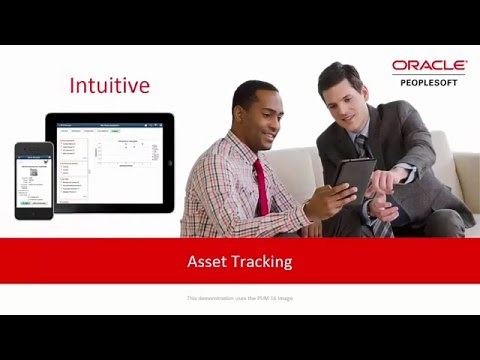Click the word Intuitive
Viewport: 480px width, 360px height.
(110, 85)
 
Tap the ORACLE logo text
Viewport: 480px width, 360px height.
(429, 66)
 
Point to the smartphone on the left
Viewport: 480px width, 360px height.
(33, 180)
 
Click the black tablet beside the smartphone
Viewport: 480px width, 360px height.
(109, 162)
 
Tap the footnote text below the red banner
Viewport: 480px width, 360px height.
(240, 298)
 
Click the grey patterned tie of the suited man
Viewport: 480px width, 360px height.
(366, 160)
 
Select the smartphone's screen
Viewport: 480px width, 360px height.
(33, 179)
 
